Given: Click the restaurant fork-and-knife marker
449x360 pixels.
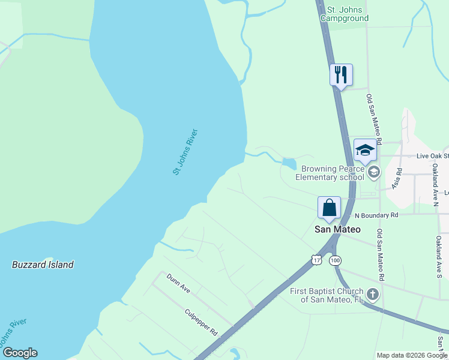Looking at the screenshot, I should click(341, 75).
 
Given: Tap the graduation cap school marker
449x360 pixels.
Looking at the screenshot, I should click(364, 150).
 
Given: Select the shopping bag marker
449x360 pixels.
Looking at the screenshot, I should click(329, 208).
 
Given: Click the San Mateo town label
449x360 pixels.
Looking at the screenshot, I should click(338, 229).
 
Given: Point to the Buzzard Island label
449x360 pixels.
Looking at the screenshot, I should click(43, 265).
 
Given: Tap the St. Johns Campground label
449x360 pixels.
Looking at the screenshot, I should click(344, 14).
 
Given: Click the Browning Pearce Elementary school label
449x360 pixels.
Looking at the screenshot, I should click(333, 173).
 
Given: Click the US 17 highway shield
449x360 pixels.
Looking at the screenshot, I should click(316, 260).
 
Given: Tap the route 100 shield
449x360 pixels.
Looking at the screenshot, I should click(336, 260).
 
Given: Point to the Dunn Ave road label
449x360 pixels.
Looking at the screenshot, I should click(178, 284).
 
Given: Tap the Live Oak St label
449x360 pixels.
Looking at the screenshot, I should click(432, 156).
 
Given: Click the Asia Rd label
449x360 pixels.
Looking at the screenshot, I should click(397, 179).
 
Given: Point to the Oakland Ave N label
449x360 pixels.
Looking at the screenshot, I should click(435, 184).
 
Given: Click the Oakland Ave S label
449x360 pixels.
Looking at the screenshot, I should click(438, 256).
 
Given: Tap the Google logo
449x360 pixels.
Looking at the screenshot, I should click(20, 353).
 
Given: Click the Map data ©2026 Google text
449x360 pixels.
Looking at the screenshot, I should click(412, 355).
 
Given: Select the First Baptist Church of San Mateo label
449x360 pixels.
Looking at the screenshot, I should click(327, 295).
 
